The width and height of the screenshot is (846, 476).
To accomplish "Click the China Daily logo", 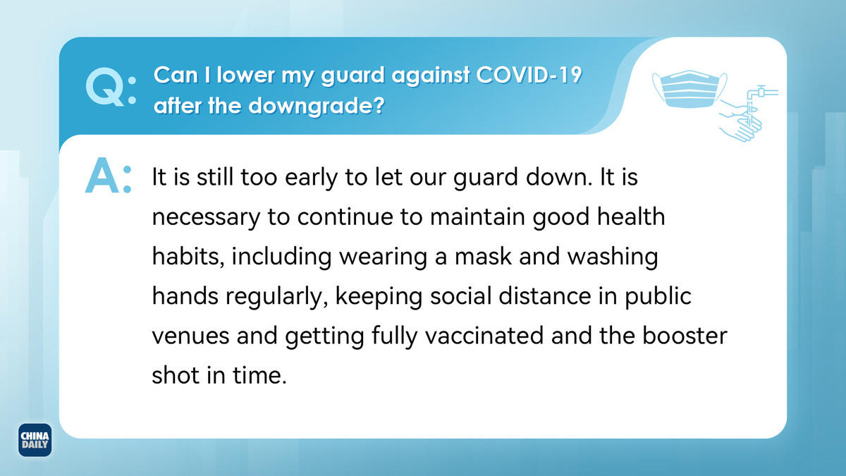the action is [x=35, y=440].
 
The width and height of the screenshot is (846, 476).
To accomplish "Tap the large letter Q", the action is [x=105, y=87].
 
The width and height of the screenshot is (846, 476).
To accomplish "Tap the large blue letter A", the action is [x=102, y=176].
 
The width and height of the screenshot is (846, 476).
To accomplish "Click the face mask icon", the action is [x=689, y=89].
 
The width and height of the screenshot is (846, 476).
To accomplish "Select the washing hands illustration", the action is [x=741, y=121].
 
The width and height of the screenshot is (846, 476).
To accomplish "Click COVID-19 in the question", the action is [x=529, y=75].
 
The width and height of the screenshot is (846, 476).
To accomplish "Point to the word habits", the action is [x=188, y=256].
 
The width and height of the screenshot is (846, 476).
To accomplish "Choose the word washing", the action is [x=613, y=257].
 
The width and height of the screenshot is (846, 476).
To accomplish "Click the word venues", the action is [x=190, y=336].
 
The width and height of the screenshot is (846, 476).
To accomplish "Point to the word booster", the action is [x=685, y=336].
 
